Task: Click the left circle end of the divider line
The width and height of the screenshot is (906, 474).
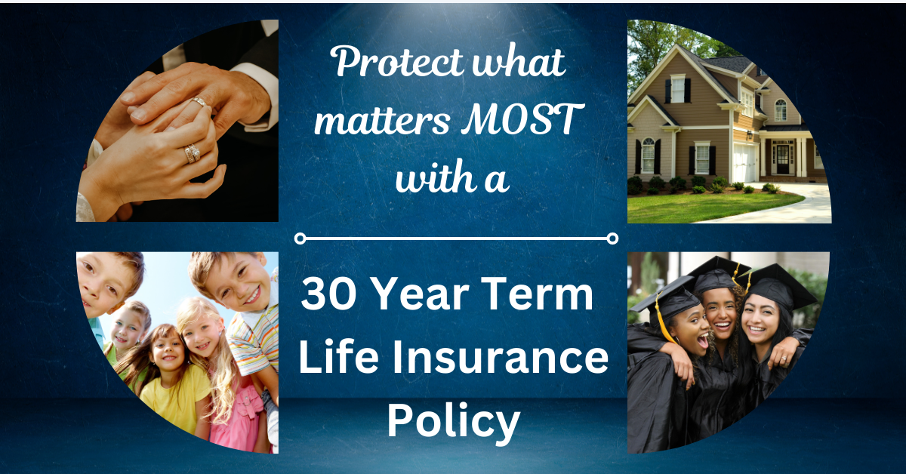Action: pyautogui.click(x=300, y=239)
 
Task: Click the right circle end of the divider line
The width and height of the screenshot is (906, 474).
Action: pyautogui.click(x=612, y=239)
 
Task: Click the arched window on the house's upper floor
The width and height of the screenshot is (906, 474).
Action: pyautogui.click(x=780, y=110)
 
